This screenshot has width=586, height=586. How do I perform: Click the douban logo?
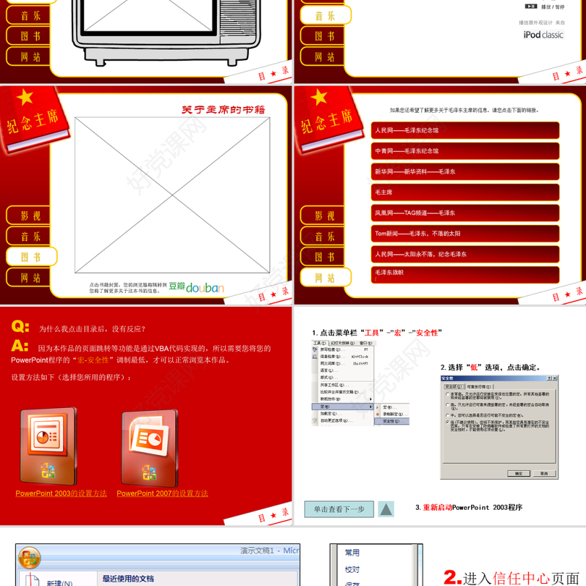pos(196,287)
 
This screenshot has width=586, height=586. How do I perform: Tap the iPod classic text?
pos(543,34)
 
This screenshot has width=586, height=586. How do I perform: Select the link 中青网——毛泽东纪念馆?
pos(465,151)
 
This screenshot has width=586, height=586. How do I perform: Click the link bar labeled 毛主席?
pos(465,192)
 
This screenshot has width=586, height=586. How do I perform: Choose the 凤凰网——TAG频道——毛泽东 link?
pos(465,212)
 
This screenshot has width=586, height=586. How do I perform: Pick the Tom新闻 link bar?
pos(465,233)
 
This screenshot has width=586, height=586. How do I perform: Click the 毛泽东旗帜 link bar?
pos(465,273)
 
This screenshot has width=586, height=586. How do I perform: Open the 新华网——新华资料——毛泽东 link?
pos(465,171)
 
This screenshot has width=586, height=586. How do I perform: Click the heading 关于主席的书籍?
pos(223,110)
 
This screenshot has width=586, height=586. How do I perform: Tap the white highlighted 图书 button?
pos(30,257)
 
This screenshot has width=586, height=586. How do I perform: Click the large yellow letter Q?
pos(21,327)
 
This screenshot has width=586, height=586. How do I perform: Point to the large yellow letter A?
pos(21,346)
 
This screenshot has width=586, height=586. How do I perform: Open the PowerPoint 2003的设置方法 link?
pos(61,494)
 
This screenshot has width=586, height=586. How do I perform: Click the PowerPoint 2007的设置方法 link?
pos(162,494)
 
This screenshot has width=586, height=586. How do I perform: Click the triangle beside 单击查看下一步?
pos(386,509)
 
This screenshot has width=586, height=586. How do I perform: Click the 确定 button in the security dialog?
pos(518,473)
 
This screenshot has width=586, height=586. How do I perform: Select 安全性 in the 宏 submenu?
pos(393,421)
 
